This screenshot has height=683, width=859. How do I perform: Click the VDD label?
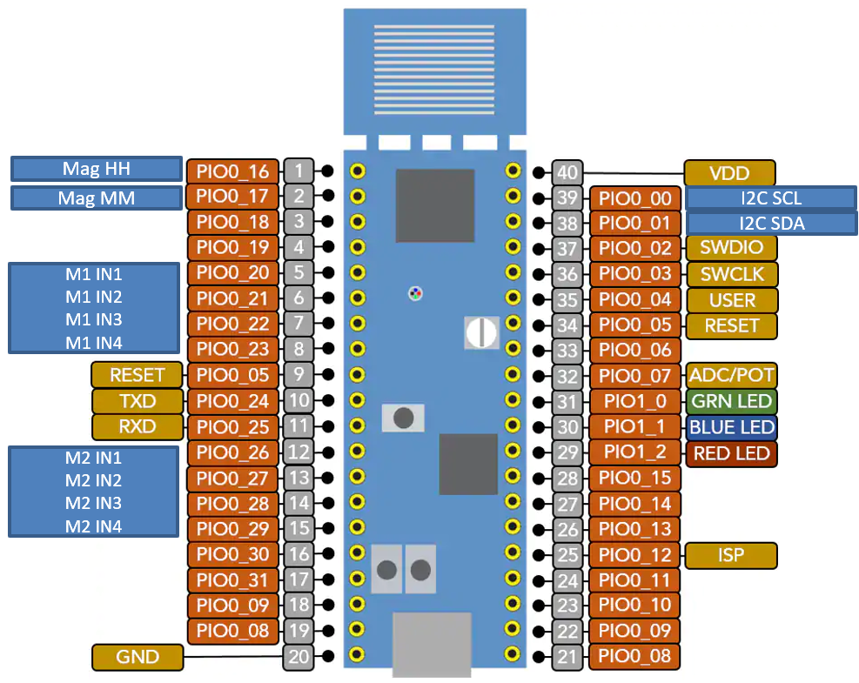click(729, 173)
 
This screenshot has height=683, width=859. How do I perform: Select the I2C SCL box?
click(770, 198)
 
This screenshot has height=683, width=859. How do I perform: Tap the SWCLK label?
click(731, 274)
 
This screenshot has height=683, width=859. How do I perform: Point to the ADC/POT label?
click(731, 376)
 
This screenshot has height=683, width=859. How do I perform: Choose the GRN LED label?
click(731, 402)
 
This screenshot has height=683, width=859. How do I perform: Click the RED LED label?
click(731, 453)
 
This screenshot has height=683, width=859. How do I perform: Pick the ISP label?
click(731, 555)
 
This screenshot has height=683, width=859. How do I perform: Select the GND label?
click(138, 657)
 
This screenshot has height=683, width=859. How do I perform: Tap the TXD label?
click(138, 401)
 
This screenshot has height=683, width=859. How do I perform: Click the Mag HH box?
click(96, 169)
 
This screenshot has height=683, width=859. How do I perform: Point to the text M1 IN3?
click(94, 319)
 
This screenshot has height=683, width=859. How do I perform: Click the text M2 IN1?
click(93, 458)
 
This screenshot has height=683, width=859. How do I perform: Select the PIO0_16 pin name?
click(233, 171)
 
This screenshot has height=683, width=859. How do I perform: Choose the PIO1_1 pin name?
click(635, 427)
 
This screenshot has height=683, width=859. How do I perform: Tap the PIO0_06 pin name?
click(635, 351)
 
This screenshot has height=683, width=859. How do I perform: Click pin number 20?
click(299, 657)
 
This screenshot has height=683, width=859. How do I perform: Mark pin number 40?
click(567, 172)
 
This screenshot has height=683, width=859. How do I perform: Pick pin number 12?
click(299, 452)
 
